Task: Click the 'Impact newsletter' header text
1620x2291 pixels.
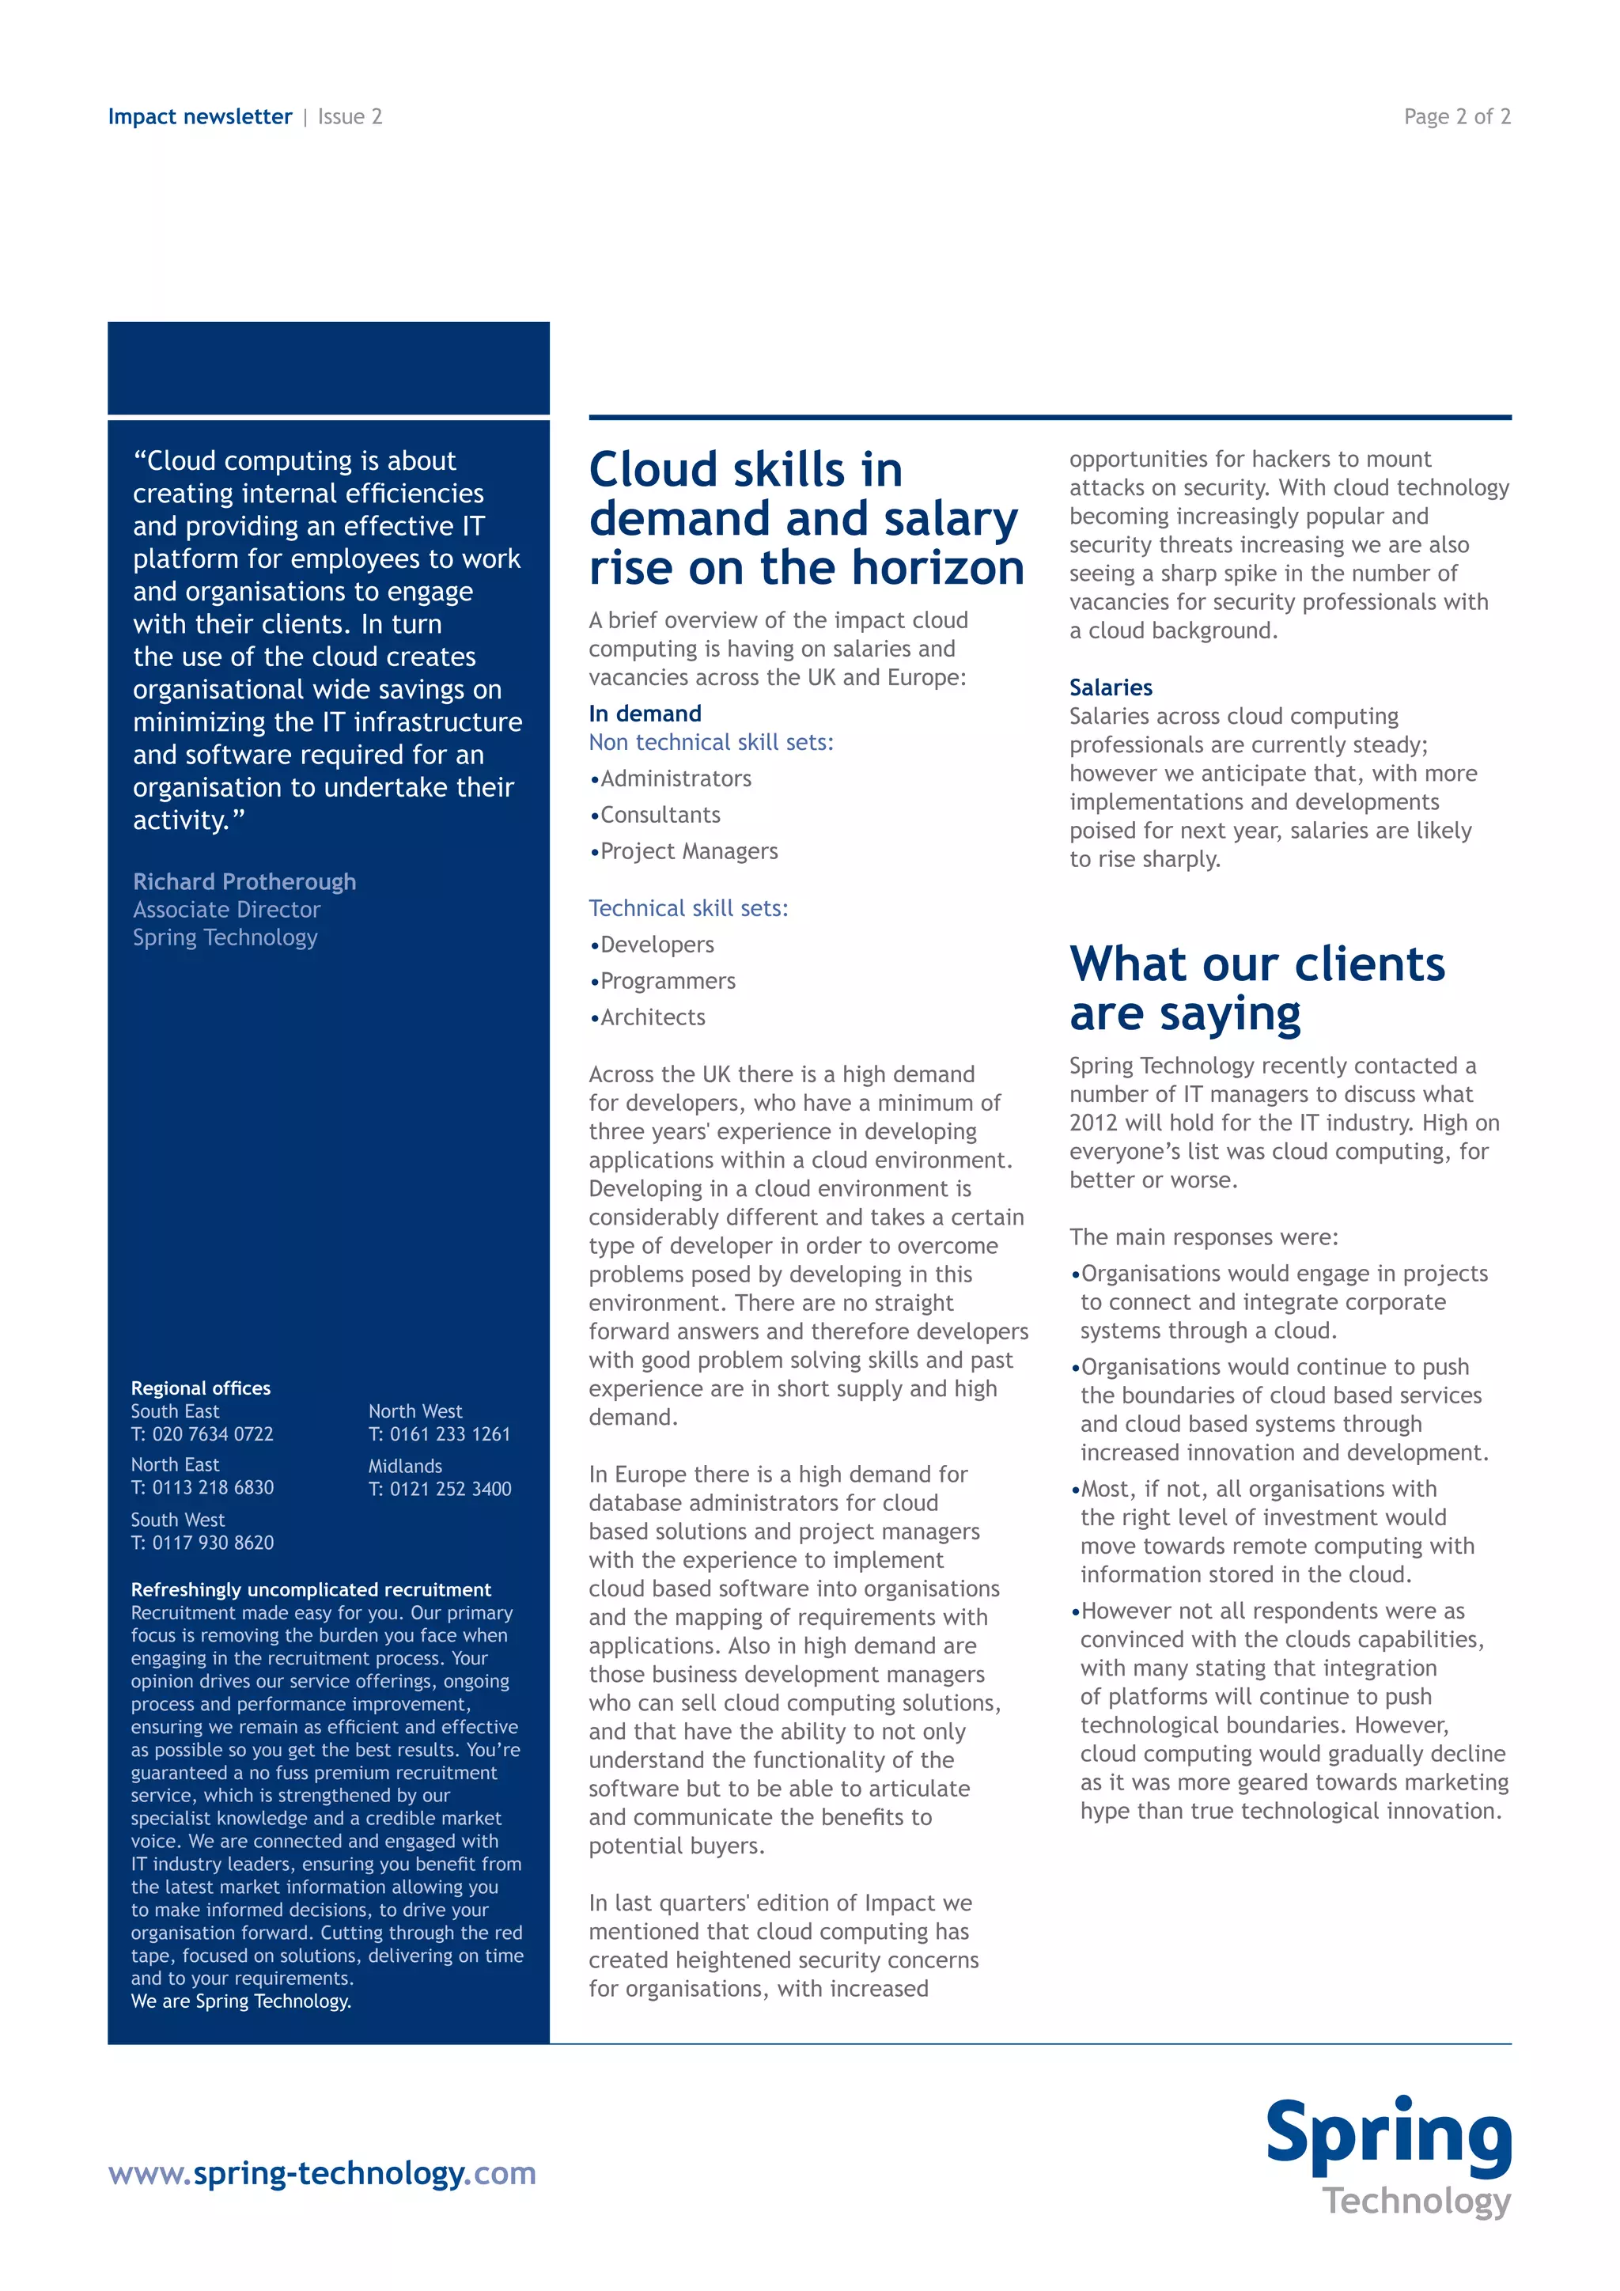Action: [x=199, y=117]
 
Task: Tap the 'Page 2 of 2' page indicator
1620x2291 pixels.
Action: [x=1456, y=117]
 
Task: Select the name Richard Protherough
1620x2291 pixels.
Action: [x=244, y=882]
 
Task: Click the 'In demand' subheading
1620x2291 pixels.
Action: [x=645, y=714]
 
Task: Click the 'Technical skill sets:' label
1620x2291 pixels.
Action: [x=688, y=909]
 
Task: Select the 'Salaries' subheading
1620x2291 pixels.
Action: [x=1111, y=687]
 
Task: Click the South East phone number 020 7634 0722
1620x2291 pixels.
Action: [x=211, y=1434]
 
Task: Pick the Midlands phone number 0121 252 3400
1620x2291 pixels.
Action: [x=450, y=1489]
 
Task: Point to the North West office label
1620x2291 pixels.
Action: [x=415, y=1411]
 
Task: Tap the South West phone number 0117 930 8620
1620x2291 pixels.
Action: [x=211, y=1543]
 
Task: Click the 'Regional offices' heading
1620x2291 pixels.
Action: [x=200, y=1388]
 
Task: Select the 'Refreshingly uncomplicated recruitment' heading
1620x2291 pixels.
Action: [x=310, y=1589]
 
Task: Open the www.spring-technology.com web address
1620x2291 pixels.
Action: [x=321, y=2173]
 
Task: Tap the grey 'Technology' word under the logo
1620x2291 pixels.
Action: [x=1417, y=2200]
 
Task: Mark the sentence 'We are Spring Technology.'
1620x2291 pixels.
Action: [x=240, y=2001]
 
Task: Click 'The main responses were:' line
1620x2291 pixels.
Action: [x=1203, y=1237]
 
